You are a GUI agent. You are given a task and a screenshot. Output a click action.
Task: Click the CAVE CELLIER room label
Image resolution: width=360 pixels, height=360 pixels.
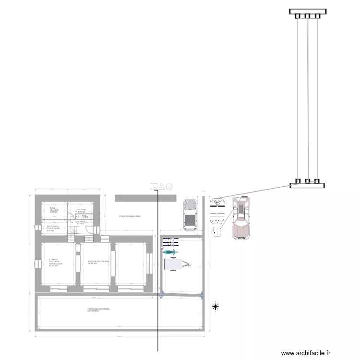(54, 210)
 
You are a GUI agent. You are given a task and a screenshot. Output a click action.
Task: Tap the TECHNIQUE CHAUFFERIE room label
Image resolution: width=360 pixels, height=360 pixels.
(53, 228)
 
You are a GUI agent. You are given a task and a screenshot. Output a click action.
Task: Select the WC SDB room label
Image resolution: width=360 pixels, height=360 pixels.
(81, 211)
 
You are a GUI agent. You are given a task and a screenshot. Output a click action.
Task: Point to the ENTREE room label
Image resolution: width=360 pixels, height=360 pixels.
(80, 222)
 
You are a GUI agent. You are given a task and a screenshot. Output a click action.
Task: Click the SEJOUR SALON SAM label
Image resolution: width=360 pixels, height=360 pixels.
(99, 262)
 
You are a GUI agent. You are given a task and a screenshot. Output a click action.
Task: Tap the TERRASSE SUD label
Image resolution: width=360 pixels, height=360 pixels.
(98, 310)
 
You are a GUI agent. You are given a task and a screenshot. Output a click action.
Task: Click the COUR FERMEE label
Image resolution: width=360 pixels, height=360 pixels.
(130, 216)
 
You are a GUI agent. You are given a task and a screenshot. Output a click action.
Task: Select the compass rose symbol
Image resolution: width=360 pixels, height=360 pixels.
(216, 306)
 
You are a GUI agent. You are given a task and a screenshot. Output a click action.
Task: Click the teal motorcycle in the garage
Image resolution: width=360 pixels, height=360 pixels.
(170, 252)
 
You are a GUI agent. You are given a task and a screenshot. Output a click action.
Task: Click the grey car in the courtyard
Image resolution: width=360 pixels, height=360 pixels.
(190, 215)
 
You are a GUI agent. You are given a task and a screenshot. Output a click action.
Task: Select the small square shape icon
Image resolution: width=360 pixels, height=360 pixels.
(154, 186)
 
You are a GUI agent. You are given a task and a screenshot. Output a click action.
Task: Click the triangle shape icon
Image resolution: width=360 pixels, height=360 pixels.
(162, 186)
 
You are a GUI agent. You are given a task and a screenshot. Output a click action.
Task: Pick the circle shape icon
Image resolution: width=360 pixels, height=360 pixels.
(169, 186)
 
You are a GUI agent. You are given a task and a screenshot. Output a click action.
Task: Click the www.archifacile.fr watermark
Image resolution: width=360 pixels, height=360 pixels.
(306, 353)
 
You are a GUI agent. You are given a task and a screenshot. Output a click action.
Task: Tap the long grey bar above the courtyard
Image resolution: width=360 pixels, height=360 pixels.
(145, 198)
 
